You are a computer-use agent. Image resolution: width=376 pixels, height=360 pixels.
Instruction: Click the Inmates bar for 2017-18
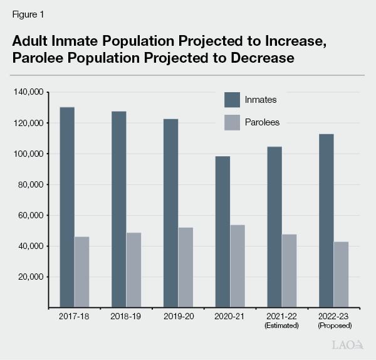67,207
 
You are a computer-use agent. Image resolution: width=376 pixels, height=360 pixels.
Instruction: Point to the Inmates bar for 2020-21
222,231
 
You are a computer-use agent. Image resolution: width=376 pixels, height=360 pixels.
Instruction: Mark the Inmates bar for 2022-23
326,220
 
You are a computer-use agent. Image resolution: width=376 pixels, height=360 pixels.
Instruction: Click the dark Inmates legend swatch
232,100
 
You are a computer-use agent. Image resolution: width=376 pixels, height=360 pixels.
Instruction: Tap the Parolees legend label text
263,122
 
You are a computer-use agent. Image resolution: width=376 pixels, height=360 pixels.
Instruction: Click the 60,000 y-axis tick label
29,215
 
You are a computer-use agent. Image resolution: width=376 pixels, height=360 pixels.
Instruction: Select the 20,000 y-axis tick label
29,277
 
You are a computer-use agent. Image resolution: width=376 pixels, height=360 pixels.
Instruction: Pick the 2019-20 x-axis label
179,317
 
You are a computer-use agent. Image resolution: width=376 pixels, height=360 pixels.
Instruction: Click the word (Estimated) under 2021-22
281,326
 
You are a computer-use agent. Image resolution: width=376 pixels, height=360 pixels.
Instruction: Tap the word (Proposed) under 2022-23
334,326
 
